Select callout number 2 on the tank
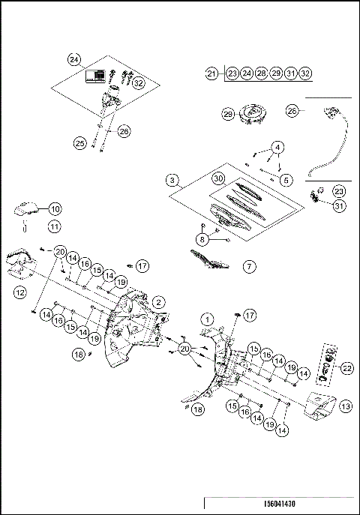coord(159,301)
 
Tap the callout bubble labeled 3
coord(172,181)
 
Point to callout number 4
coord(278,146)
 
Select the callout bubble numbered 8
coord(201,238)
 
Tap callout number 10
coord(55,209)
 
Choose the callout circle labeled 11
coord(55,225)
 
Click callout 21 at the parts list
coord(212,73)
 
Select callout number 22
coord(347,367)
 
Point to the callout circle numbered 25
coord(79,142)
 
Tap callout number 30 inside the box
coord(217,179)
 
